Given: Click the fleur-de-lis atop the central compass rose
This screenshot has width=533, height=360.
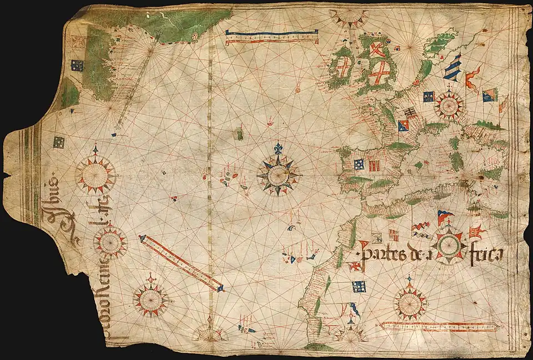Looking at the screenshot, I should coord(278,149).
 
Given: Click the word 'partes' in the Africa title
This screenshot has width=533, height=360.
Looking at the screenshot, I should coord(381,254).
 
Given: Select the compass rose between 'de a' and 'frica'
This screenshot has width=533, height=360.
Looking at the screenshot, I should coord(449,245).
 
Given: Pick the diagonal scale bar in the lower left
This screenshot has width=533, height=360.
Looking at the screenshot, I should coord(181,262).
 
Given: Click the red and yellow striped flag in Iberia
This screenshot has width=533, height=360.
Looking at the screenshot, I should coord(374,165).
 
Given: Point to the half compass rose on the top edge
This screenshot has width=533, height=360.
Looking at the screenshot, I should coord(349,17).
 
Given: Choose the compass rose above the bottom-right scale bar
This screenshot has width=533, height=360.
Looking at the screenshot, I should coord(410,303).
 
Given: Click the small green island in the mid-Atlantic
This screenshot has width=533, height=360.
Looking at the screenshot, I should coord(239,134).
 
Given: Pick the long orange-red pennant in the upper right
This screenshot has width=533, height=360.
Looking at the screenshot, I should coord(471,78).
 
